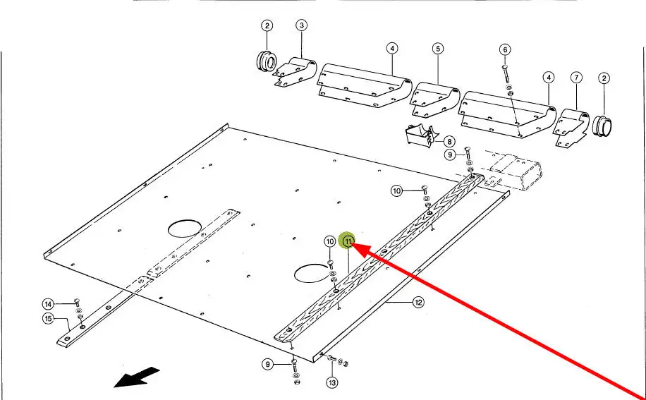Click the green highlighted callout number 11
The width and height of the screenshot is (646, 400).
coord(348,241)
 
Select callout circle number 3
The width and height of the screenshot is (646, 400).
coord(302,26)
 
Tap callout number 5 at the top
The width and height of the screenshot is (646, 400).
coord(438,49)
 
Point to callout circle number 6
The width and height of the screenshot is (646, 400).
coord(505,49)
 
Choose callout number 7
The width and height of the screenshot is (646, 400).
coord(576,78)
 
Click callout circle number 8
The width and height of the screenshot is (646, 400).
coord(449,141)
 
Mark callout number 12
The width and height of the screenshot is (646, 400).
coord(418,303)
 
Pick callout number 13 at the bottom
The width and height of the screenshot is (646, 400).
coord(331,383)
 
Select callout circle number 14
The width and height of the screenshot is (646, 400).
coord(48,304)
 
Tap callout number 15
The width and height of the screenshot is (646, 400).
coord(48,319)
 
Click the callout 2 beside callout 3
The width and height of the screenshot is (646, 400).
coord(267,26)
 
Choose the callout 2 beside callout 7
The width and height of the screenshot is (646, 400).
coord(604,78)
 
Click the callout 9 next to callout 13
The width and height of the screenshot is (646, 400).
coord(267,364)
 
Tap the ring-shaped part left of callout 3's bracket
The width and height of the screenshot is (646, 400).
coord(266,61)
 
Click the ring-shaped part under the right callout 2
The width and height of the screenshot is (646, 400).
coord(603,126)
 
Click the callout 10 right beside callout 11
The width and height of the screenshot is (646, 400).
coord(329,241)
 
